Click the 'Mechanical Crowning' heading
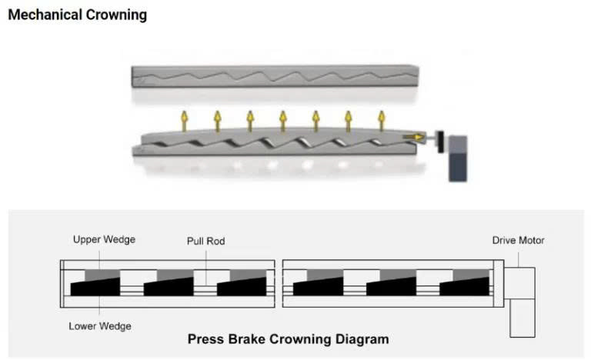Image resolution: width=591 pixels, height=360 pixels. [x=77, y=15]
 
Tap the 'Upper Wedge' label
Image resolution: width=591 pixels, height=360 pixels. [x=104, y=240]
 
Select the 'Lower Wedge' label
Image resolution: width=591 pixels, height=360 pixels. [x=100, y=326]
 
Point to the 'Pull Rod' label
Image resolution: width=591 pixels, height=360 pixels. [x=205, y=242]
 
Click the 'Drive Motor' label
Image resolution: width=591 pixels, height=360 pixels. [x=518, y=241]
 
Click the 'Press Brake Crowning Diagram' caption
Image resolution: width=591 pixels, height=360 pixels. [x=289, y=339]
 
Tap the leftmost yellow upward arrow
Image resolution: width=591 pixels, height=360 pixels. [x=185, y=121]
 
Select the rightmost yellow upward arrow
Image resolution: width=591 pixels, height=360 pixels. [x=382, y=121]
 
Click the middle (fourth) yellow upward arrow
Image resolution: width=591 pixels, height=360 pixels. [x=283, y=121]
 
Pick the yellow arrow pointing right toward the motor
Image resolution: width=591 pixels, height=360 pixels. [x=413, y=137]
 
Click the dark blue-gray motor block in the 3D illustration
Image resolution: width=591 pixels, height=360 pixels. [x=458, y=158]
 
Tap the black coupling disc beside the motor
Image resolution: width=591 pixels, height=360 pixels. [x=440, y=142]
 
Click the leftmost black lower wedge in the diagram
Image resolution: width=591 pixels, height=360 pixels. [x=95, y=287]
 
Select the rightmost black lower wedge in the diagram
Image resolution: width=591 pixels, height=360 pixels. [x=464, y=287]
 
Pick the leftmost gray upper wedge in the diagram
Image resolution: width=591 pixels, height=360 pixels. [x=102, y=275]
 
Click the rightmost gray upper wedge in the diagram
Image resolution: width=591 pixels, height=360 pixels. [x=471, y=275]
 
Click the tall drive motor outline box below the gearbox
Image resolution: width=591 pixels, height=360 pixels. [x=523, y=318]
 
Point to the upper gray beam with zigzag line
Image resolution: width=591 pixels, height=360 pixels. [x=275, y=76]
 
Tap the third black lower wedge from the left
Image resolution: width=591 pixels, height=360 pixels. [x=242, y=287]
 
